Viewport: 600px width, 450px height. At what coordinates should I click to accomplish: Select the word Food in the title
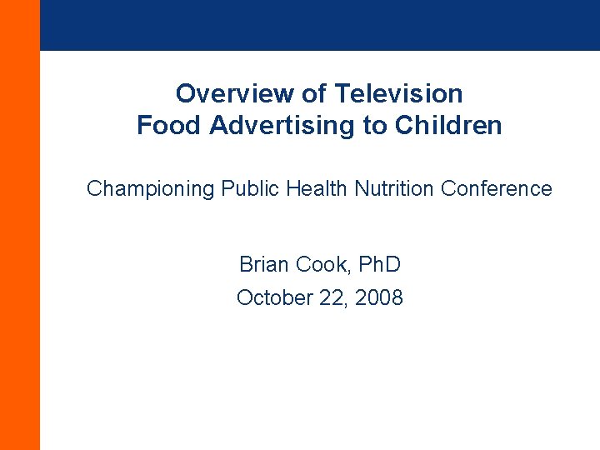170,126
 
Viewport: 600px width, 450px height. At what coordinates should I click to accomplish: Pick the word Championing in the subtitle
151,189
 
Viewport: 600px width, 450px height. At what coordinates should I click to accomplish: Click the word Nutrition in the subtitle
395,189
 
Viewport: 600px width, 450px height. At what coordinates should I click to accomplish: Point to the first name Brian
262,265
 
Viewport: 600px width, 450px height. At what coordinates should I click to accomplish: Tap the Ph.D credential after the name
380,265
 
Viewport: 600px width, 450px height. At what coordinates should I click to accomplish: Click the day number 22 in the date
334,297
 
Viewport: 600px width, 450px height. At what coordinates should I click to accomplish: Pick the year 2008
379,297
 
